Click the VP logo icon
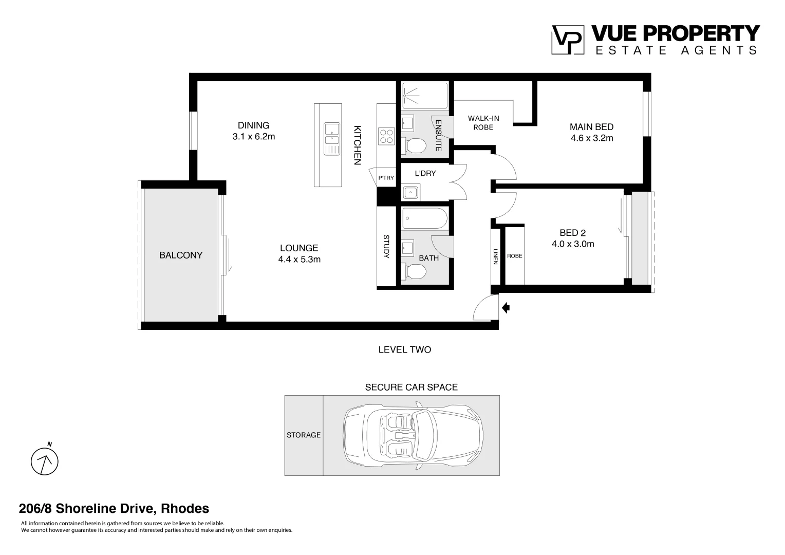(567, 40)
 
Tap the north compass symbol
(45, 461)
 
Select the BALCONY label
(181, 255)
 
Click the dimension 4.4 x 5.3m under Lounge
(299, 260)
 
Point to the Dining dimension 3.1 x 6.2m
(253, 137)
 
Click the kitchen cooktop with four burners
(386, 136)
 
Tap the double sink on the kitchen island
(331, 139)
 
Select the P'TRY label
(386, 178)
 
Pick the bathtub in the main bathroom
(424, 218)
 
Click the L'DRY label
(425, 173)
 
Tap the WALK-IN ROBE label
(483, 122)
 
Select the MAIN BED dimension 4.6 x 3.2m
(591, 138)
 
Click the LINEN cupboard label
(495, 256)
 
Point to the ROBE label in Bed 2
(514, 256)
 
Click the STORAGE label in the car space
(303, 435)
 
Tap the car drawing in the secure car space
(413, 435)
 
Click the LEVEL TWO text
(404, 349)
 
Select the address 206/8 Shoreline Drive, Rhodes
(114, 509)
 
